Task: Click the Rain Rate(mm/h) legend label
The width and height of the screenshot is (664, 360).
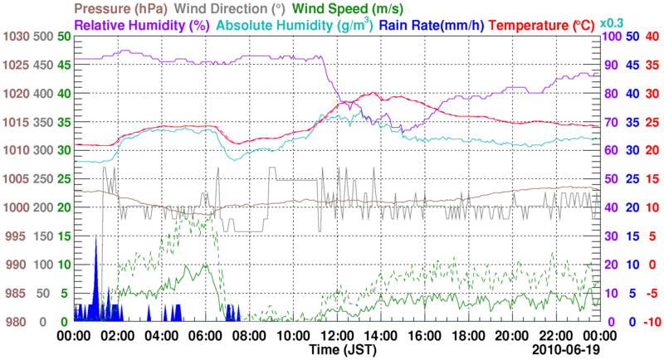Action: pyautogui.click(x=432, y=26)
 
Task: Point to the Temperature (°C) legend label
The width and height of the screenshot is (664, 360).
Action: pyautogui.click(x=548, y=26)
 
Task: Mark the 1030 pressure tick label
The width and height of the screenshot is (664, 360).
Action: pyautogui.click(x=16, y=37)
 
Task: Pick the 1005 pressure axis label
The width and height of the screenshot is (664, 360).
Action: pyautogui.click(x=16, y=179)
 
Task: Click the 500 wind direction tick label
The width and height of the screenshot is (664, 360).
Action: pyautogui.click(x=44, y=37)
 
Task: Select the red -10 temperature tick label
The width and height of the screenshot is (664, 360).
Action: pyautogui.click(x=652, y=322)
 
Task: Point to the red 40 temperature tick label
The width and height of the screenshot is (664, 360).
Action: pyautogui.click(x=652, y=37)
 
